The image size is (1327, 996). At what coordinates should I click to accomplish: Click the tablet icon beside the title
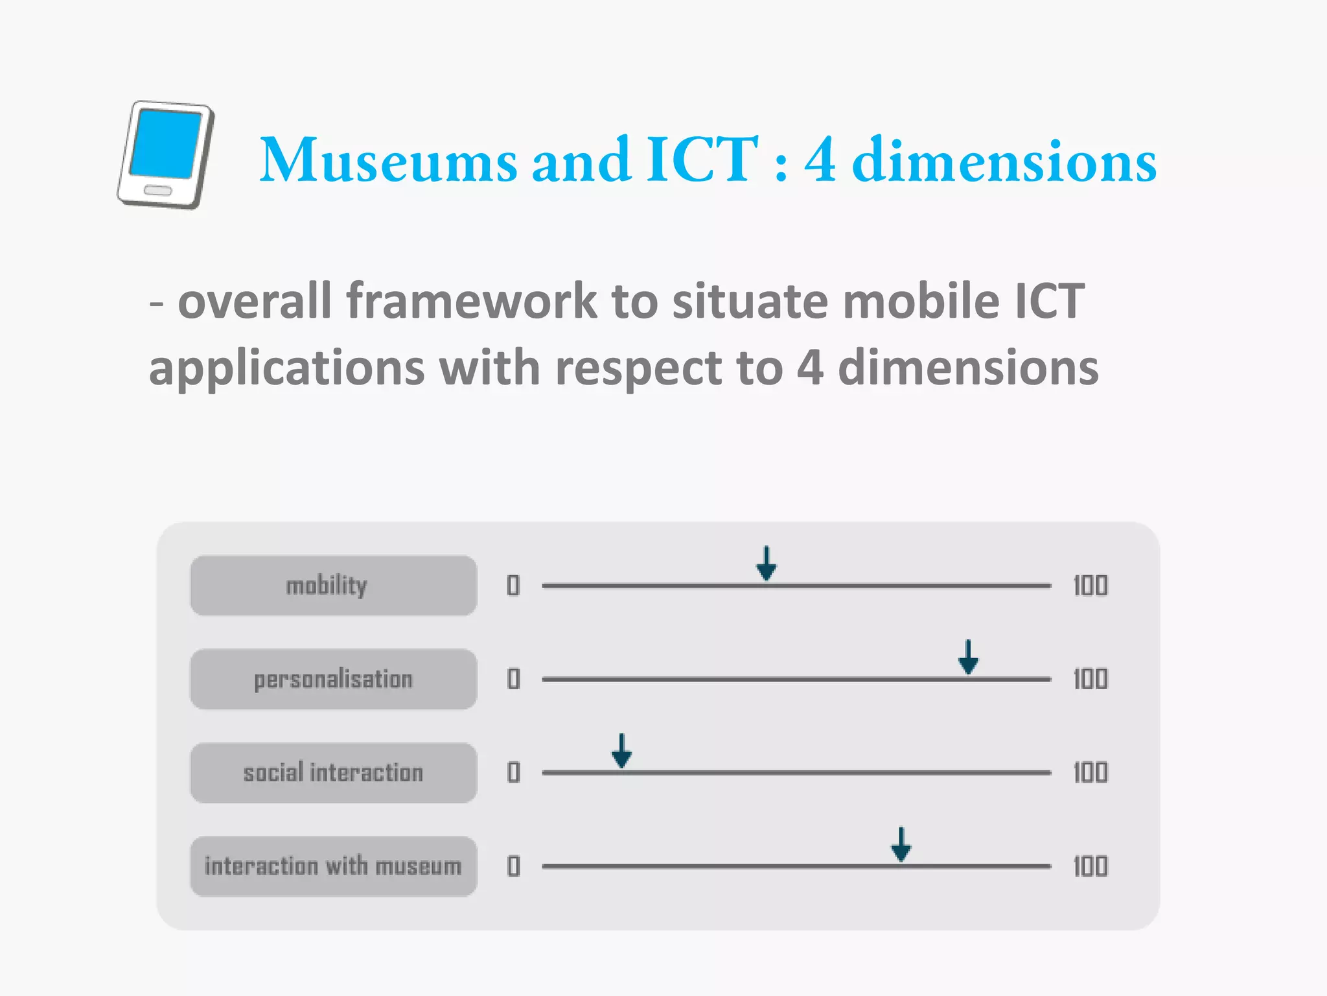click(166, 154)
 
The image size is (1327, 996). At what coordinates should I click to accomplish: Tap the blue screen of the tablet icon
click(166, 144)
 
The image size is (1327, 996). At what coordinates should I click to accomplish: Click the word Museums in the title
click(388, 160)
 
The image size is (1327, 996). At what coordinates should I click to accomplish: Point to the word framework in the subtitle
click(471, 302)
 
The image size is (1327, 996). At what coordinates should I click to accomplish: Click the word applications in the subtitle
click(286, 368)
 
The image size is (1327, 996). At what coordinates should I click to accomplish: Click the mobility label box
click(333, 586)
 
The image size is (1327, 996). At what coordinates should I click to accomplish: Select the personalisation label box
click(333, 679)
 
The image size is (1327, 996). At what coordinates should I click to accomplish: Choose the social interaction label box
click(333, 772)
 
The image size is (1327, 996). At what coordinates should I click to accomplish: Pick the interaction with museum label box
click(333, 866)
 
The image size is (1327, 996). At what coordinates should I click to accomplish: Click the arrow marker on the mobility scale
click(767, 565)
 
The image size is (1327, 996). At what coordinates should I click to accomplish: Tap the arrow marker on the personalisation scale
click(968, 658)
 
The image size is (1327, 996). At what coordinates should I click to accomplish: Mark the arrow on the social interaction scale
click(622, 752)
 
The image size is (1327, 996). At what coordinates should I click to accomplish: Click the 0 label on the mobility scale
click(513, 586)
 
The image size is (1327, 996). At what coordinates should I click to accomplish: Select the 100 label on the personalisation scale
click(1090, 679)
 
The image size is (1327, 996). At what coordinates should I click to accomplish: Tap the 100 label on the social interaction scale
click(1090, 772)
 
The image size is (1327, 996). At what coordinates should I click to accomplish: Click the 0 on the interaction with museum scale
click(513, 866)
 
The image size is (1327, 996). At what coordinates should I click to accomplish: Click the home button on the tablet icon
click(157, 191)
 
